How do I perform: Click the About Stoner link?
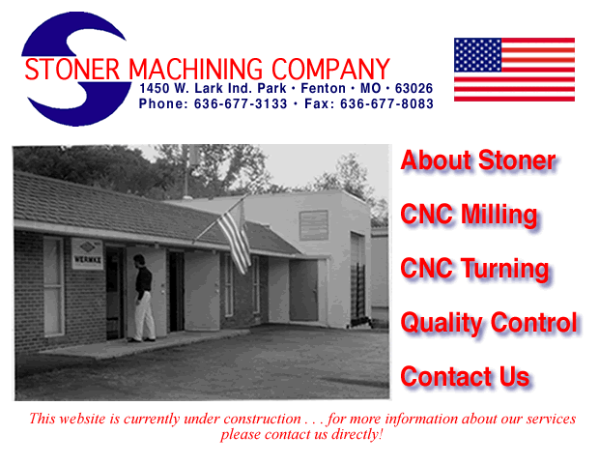click(478, 160)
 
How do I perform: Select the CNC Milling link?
click(469, 215)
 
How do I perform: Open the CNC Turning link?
click(474, 269)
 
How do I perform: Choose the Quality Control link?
click(489, 323)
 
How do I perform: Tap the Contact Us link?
click(465, 377)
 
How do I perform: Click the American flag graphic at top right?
click(514, 70)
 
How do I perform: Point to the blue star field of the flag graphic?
click(478, 55)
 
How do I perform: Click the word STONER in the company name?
click(73, 70)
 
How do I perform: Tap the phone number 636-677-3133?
click(241, 104)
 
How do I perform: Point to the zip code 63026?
click(414, 88)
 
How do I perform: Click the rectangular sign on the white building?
click(313, 225)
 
